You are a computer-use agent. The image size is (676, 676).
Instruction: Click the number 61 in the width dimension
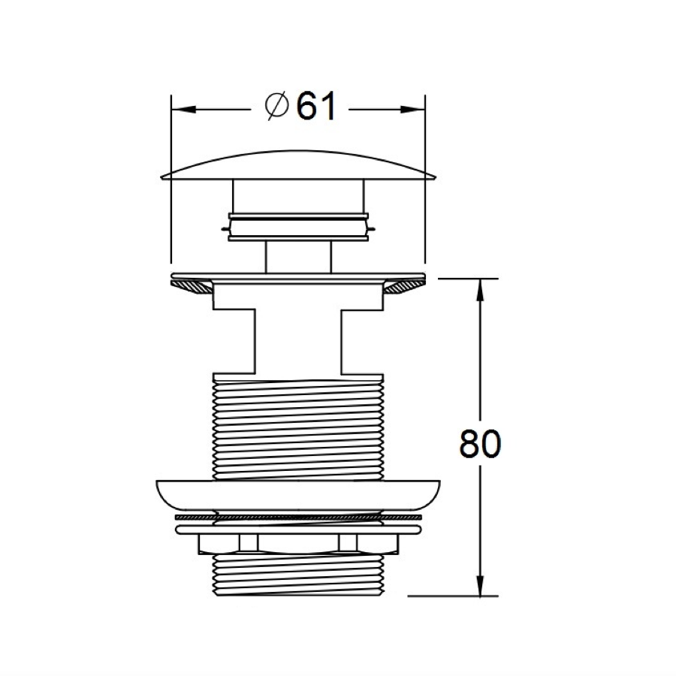[x=315, y=107]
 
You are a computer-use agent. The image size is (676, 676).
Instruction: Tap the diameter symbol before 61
[x=277, y=107]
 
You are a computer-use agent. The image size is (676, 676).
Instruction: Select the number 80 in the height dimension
[x=479, y=444]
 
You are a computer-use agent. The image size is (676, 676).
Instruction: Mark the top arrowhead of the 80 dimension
[x=478, y=289]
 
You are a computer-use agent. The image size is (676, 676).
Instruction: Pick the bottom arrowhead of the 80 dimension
[x=478, y=586]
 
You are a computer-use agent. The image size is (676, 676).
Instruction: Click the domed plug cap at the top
[x=298, y=164]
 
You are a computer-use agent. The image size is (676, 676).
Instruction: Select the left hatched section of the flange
[x=193, y=286]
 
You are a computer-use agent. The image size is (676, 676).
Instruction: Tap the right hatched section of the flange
[x=404, y=286]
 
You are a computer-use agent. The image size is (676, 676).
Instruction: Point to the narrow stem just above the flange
[x=298, y=255]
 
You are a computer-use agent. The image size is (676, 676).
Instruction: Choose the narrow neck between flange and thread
[x=298, y=338]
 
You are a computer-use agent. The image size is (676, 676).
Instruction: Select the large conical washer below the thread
[x=298, y=496]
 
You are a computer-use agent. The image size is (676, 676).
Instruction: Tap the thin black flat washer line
[x=298, y=518]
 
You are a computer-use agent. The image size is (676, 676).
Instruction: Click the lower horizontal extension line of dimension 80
[x=451, y=596]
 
